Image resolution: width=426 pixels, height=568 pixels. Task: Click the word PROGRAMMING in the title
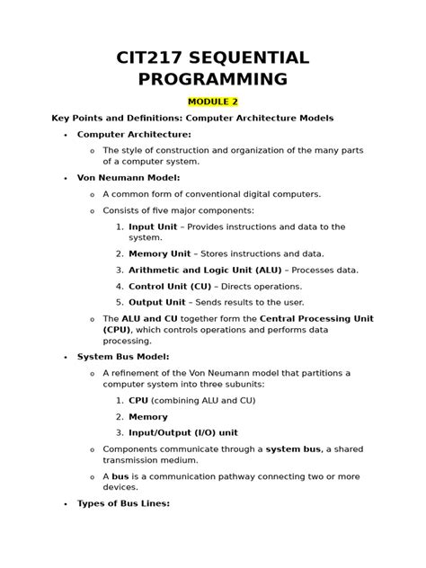[x=213, y=78]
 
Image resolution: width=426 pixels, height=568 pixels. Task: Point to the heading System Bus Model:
[x=122, y=357]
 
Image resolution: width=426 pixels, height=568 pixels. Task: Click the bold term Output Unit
[x=157, y=302]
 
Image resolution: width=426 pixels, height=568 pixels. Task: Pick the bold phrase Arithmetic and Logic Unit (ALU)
[x=206, y=270]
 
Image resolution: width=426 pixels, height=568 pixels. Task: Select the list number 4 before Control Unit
[x=120, y=286]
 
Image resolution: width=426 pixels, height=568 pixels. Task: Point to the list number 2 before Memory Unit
[x=120, y=254]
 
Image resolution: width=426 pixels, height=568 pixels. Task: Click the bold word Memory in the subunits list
[x=148, y=416]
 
